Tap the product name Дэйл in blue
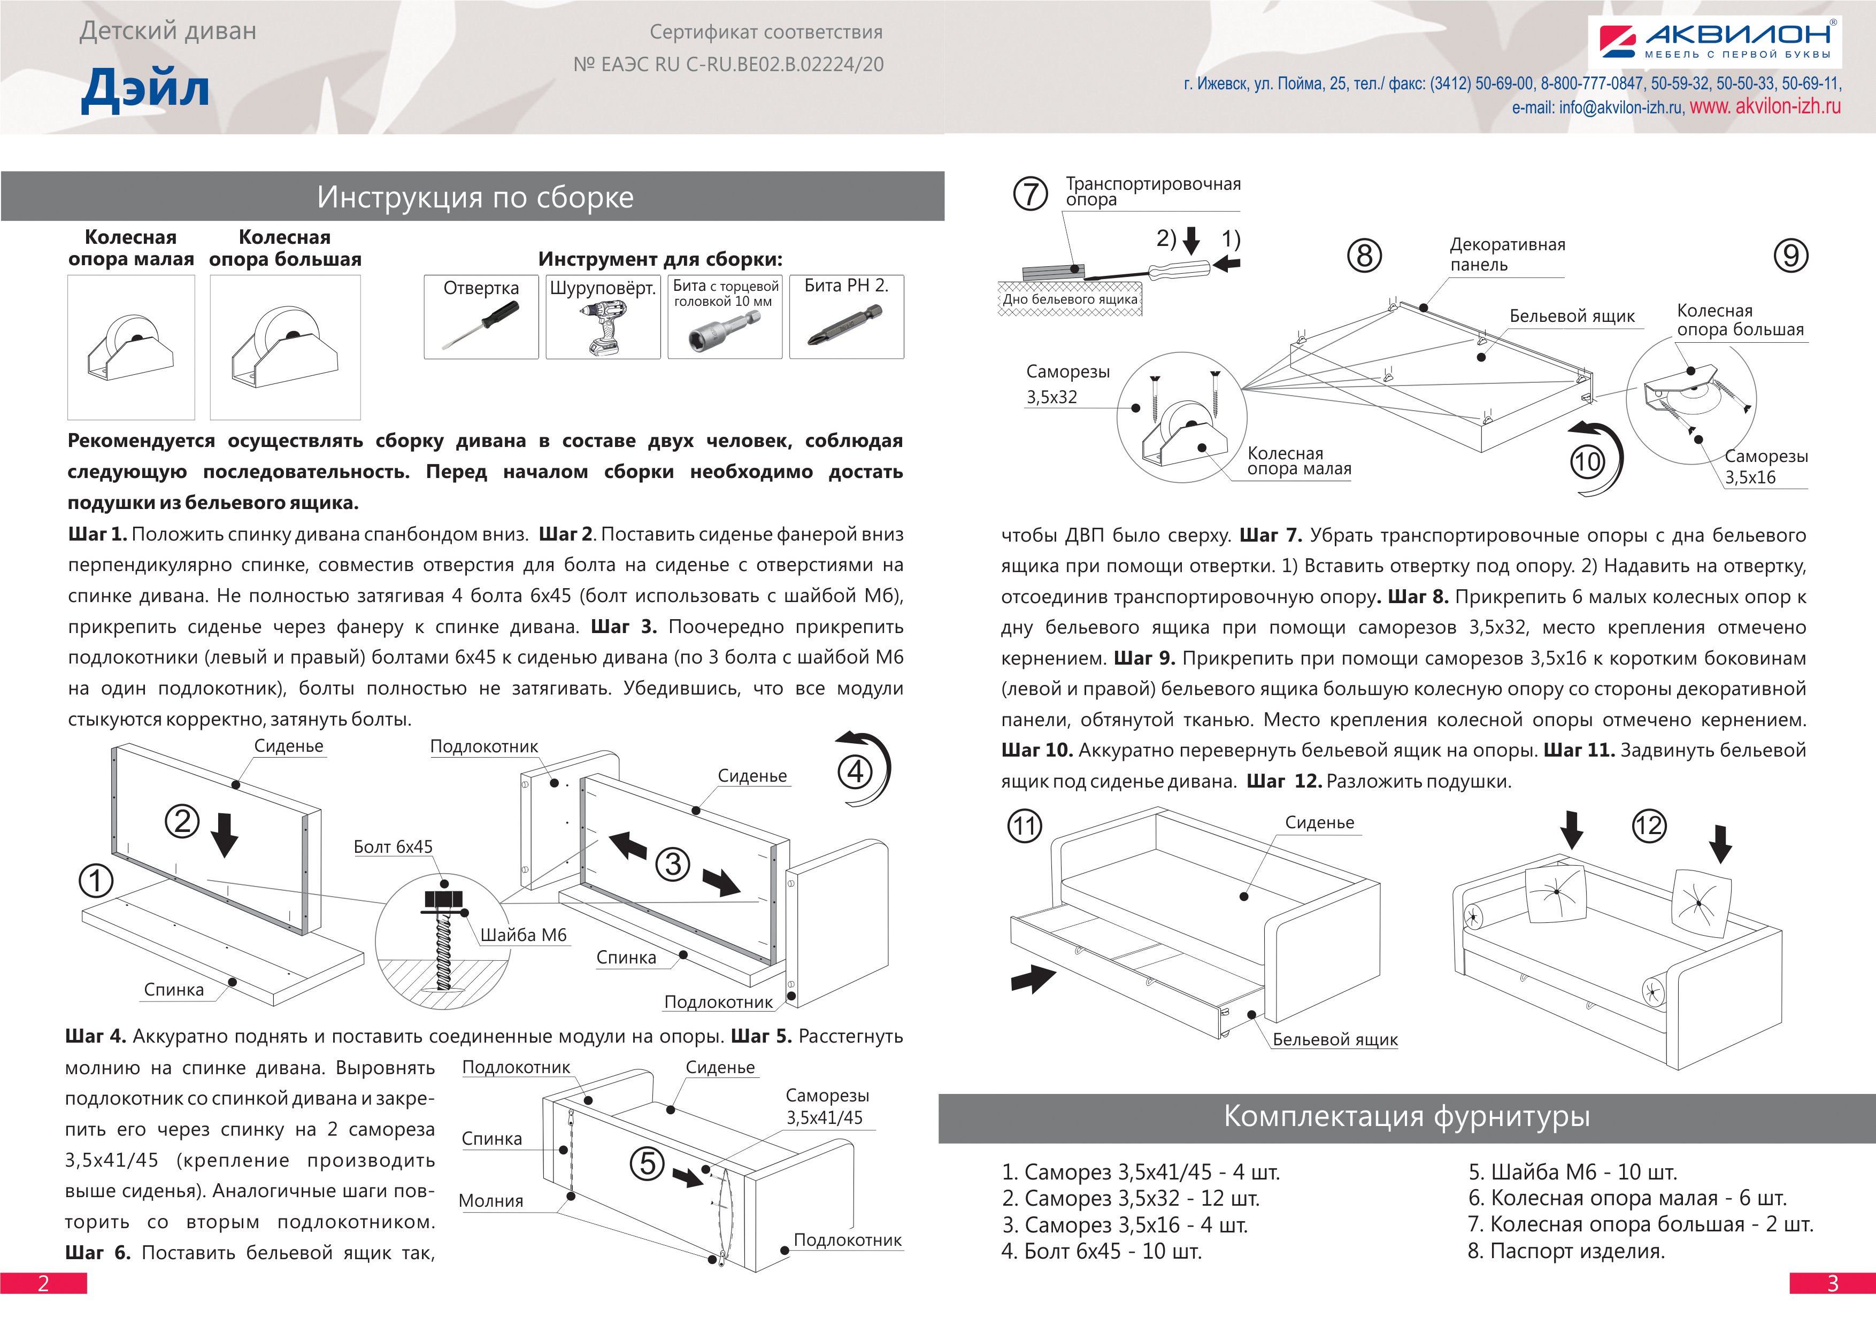145,88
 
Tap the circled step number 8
1364,256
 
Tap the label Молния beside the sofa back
491,1201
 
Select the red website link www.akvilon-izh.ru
1765,107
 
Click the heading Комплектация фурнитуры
1406,1116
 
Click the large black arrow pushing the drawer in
1033,977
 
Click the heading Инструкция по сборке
475,197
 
